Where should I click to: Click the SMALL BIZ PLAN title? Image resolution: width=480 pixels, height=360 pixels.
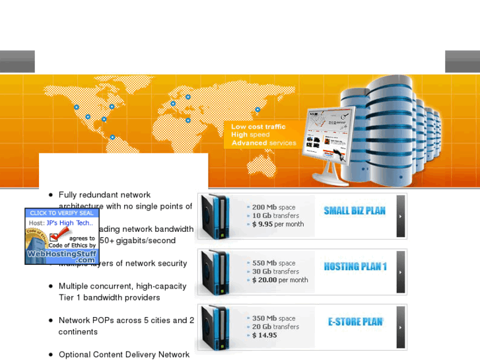coord(355,211)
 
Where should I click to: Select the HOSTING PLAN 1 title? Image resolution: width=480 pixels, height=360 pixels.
coord(355,267)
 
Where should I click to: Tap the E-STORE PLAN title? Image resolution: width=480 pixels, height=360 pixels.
coord(355,322)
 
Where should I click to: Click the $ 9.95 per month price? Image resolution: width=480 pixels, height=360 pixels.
coord(278,225)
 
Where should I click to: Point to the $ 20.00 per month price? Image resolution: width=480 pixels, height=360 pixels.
coord(280,280)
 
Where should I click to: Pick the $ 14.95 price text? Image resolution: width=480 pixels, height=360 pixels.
coord(265,336)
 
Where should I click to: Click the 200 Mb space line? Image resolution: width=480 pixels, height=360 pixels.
coord(274,207)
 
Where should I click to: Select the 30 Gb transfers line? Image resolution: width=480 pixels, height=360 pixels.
coord(275,271)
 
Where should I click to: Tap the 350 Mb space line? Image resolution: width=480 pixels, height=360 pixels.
coord(274,318)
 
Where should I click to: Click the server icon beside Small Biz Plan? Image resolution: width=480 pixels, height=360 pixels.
coord(217,217)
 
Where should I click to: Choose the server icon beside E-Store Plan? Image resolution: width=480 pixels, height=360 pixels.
coord(217,328)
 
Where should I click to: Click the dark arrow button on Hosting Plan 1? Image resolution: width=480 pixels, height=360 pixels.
coord(401,271)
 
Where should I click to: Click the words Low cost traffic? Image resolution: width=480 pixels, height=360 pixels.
coord(258,127)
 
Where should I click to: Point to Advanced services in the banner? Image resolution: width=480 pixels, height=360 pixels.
coord(263,143)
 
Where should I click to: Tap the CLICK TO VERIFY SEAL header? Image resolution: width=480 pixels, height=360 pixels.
coord(62,213)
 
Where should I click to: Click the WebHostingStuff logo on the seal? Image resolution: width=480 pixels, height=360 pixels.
coord(62,255)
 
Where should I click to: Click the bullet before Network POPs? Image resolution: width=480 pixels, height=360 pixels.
coord(51,320)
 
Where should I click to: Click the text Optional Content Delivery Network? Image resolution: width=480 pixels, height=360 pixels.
coord(124,355)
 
